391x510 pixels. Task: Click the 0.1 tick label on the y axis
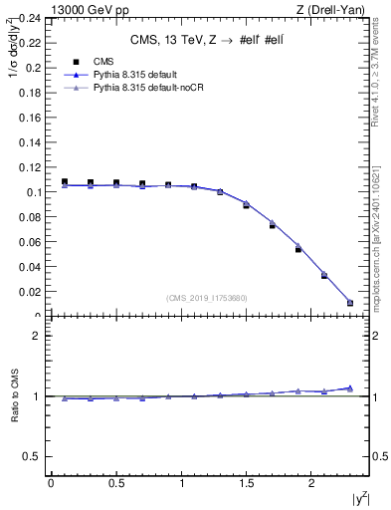tap(34, 192)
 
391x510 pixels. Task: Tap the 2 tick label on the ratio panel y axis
tap(37, 336)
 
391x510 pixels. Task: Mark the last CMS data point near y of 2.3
tap(350, 303)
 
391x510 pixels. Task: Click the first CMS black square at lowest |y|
tap(65, 182)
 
